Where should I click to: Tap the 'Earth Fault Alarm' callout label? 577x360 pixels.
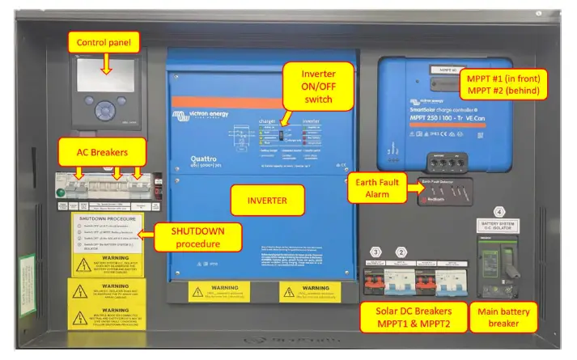(375, 188)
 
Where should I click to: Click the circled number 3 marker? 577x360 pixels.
(375, 252)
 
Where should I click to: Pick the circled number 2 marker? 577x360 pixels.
(400, 252)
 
